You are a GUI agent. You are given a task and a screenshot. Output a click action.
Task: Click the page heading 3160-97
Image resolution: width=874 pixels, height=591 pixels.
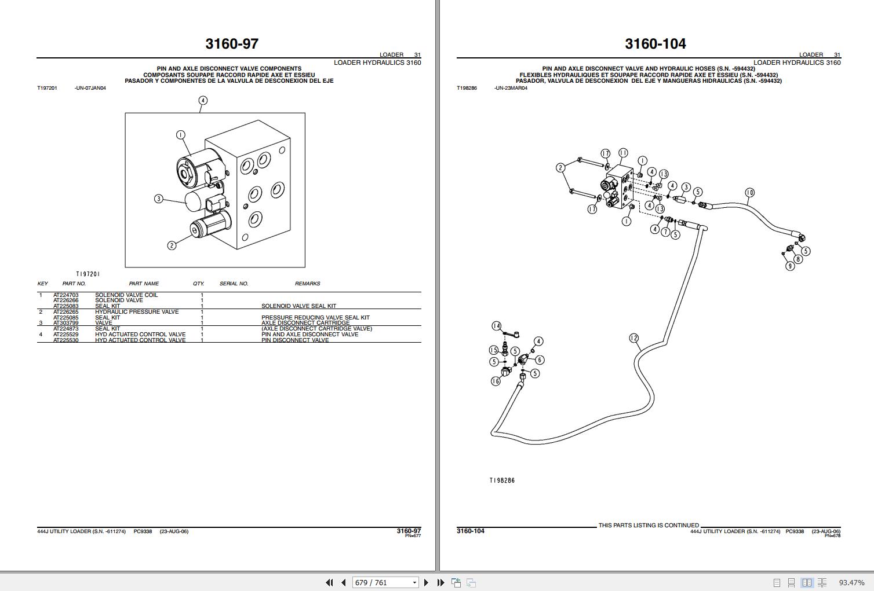point(232,44)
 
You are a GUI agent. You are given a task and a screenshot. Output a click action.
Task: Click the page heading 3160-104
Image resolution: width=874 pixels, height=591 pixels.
point(655,44)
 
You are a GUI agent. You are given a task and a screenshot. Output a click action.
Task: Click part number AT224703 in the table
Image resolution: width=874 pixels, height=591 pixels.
point(65,295)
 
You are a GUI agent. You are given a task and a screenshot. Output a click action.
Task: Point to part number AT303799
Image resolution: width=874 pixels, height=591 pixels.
point(65,323)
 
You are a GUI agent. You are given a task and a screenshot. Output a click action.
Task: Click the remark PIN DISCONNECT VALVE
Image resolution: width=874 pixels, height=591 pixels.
point(295,340)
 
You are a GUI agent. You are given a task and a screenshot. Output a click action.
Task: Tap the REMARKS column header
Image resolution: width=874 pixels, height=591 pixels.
point(307,284)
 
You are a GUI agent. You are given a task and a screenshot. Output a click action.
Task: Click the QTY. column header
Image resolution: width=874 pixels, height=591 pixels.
point(199,284)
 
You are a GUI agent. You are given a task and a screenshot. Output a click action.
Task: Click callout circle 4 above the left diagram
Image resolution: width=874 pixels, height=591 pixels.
point(203,100)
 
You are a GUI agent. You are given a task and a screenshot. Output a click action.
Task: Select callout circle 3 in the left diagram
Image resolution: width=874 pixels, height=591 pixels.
point(159,199)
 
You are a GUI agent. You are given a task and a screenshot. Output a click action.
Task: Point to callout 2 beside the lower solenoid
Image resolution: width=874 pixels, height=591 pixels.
point(172,245)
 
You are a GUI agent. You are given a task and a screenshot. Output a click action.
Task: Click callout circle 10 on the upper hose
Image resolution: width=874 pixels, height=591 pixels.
point(749,193)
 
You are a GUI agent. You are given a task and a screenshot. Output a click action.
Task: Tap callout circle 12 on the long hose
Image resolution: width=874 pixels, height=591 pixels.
point(633,338)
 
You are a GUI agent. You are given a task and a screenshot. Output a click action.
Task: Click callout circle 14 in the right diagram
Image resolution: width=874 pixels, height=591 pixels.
point(497,326)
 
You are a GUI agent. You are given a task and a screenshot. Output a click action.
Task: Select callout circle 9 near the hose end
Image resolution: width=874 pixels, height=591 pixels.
point(790,266)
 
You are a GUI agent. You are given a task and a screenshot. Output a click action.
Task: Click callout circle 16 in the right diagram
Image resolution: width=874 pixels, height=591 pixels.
point(496,381)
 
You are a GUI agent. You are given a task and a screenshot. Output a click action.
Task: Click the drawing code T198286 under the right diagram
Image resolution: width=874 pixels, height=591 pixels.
point(502,480)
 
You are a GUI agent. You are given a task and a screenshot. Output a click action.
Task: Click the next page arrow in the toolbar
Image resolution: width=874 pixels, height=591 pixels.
point(427,582)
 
